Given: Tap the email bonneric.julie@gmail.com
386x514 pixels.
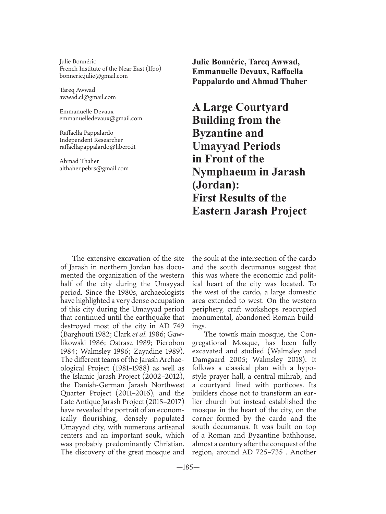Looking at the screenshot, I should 94,76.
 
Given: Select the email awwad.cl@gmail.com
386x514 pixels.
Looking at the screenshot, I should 88,97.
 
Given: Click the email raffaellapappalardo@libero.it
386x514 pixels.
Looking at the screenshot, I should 97,147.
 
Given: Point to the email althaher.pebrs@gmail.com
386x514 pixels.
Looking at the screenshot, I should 94,168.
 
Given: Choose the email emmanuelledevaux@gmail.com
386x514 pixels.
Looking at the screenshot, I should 101,119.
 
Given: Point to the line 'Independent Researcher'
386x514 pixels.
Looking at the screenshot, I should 91,140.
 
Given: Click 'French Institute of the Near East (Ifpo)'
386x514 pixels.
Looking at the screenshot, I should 110,69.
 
